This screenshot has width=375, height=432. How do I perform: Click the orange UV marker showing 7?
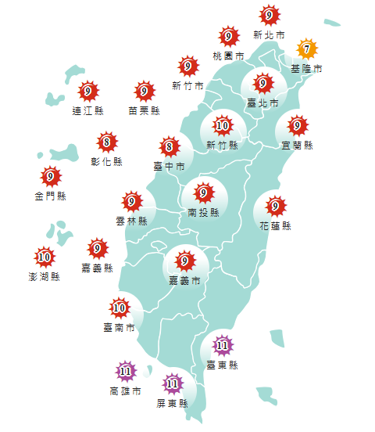pyautogui.click(x=307, y=49)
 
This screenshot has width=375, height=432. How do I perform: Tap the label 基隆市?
pyautogui.click(x=306, y=69)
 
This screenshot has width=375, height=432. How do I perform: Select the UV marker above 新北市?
pyautogui.click(x=269, y=15)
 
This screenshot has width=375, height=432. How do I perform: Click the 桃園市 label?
pyautogui.click(x=228, y=56)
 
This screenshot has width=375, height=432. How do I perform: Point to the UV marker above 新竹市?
pyautogui.click(x=187, y=66)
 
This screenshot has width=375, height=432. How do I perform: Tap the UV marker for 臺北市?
pyautogui.click(x=263, y=83)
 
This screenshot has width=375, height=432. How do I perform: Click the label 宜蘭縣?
pyautogui.click(x=297, y=145)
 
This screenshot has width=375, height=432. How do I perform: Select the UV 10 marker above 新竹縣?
pyautogui.click(x=223, y=125)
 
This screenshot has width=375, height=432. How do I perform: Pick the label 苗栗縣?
pyautogui.click(x=145, y=111)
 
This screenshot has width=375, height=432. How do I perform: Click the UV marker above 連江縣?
pyautogui.click(x=88, y=92)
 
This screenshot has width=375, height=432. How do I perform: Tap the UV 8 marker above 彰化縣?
pyautogui.click(x=107, y=142)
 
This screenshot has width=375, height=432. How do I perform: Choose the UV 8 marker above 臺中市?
pyautogui.click(x=169, y=146)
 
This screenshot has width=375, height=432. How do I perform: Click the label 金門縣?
pyautogui.click(x=51, y=196)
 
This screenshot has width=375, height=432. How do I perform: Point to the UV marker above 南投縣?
pyautogui.click(x=204, y=192)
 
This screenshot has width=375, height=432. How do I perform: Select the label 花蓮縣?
pyautogui.click(x=275, y=226)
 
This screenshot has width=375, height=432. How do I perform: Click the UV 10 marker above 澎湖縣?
pyautogui.click(x=45, y=256)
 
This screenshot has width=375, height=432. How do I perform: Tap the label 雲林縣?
pyautogui.click(x=131, y=221)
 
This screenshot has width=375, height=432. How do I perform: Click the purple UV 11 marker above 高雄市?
pyautogui.click(x=125, y=371)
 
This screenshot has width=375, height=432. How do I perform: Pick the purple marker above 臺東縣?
pyautogui.click(x=222, y=344)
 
